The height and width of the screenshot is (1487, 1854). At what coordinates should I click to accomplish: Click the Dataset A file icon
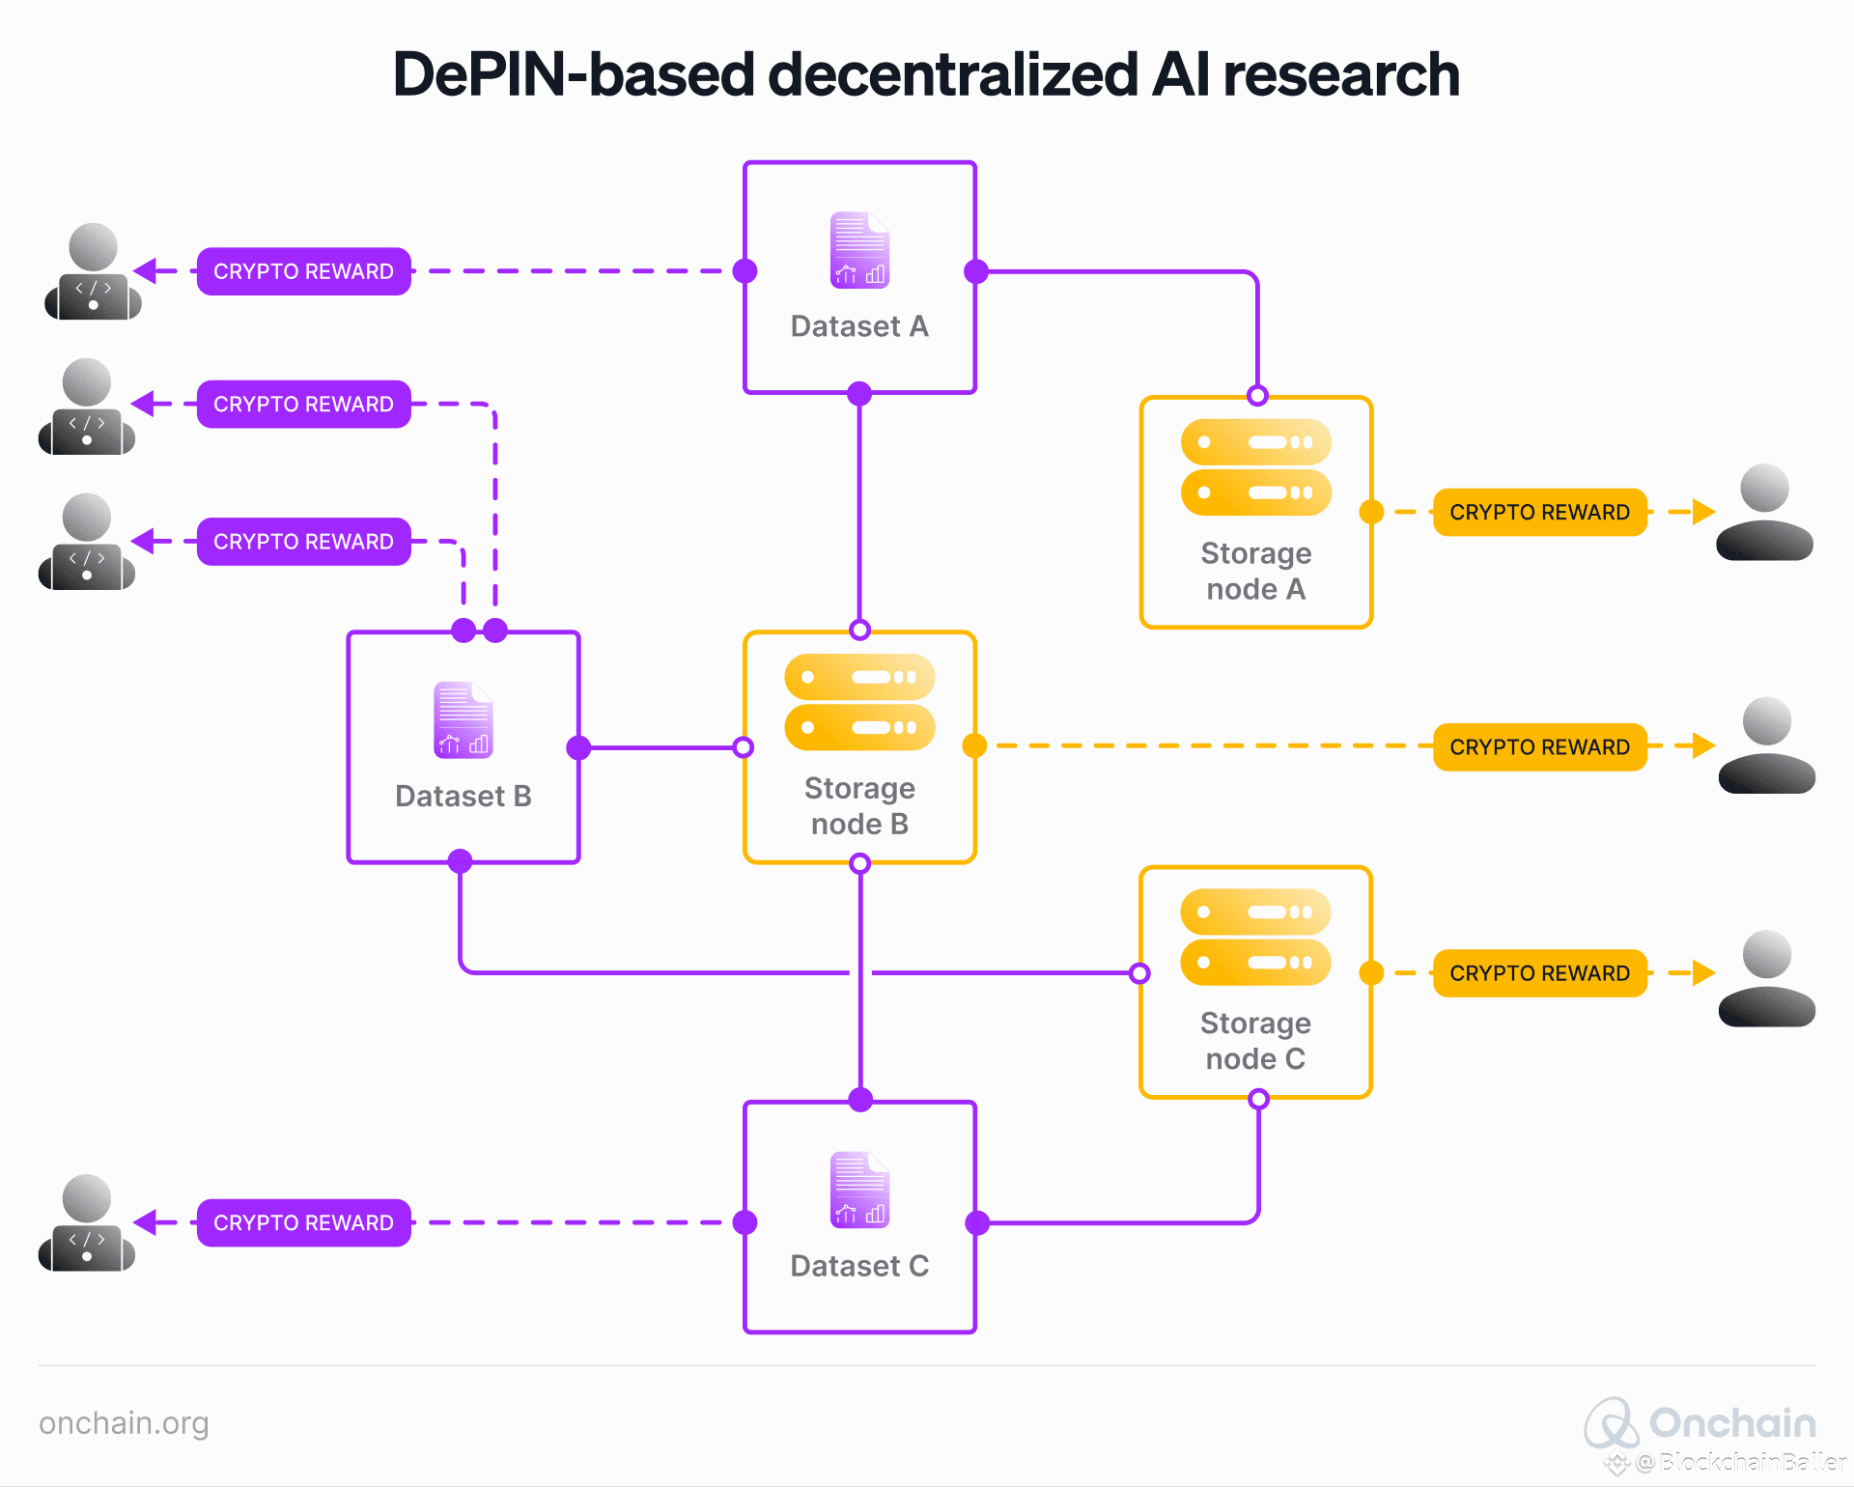point(859,250)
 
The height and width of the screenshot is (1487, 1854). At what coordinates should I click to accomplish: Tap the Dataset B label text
point(463,796)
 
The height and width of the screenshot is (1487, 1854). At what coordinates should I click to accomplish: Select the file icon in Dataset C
point(859,1190)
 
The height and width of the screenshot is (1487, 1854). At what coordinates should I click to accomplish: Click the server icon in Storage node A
point(1255,467)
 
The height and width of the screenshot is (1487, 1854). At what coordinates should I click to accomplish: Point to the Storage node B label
point(859,806)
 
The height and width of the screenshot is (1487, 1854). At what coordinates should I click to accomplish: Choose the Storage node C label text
point(1255,1041)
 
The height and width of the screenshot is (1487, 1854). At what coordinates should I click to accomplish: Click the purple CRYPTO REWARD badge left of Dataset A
point(303,271)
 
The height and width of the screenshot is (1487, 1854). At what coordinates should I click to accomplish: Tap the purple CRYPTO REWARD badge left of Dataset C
point(303,1222)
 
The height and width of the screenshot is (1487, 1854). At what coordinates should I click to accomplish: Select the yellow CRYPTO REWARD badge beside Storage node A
point(1539,512)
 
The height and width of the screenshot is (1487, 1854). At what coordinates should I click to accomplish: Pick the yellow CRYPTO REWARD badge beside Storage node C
point(1539,973)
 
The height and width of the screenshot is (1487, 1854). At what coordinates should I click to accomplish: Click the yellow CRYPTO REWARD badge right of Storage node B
point(1539,746)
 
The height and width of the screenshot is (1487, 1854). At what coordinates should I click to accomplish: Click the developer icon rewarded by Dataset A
point(93,272)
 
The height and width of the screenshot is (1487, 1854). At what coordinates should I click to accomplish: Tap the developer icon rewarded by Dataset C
point(87,1223)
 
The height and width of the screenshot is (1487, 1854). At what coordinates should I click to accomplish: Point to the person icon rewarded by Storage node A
point(1764,513)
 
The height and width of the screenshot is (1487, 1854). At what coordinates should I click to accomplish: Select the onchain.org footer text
point(124,1423)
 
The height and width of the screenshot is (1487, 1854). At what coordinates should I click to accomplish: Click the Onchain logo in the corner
point(1699,1423)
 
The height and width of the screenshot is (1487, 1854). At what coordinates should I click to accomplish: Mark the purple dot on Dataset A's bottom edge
point(859,393)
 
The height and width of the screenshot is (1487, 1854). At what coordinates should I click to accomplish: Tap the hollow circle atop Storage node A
point(1257,396)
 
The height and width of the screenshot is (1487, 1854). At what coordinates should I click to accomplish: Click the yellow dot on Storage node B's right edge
point(974,745)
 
